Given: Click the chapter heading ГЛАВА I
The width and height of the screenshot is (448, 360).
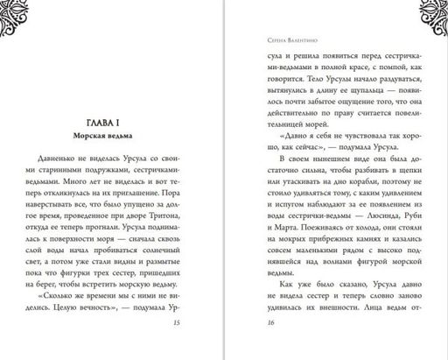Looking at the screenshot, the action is point(110,123).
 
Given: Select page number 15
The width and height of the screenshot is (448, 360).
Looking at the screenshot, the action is point(200,324).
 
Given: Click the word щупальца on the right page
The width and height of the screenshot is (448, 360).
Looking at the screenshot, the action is point(353,90).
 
